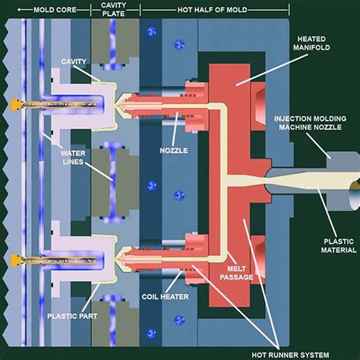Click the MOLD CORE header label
tap(55, 10)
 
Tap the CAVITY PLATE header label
tap(113, 9)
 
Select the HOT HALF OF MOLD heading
tap(212, 10)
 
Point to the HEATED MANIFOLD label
tap(311, 43)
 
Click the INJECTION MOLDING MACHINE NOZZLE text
tap(310, 123)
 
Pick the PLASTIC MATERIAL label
tap(339, 246)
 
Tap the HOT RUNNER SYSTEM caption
tap(290, 355)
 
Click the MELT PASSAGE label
tap(236, 273)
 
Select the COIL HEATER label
tap(165, 296)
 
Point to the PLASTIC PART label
tap(72, 316)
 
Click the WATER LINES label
tap(73, 157)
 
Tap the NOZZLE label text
tap(174, 150)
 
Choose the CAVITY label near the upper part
tap(74, 62)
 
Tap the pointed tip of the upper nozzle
tap(115, 105)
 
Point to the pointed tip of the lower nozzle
tap(115, 259)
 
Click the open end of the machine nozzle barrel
tap(355, 195)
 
